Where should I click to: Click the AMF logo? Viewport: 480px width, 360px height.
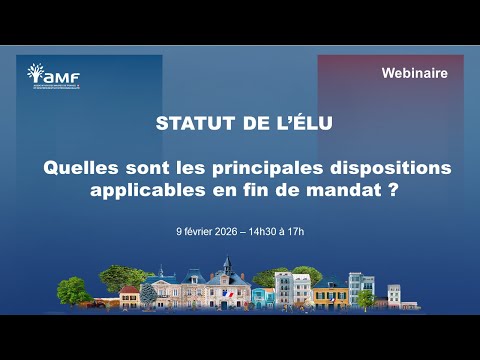(54, 76)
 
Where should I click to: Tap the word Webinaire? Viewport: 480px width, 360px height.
(414, 74)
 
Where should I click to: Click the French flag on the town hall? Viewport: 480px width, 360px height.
(230, 292)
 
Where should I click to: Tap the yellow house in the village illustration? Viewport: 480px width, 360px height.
(331, 294)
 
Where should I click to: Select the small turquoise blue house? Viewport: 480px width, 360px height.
(264, 296)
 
